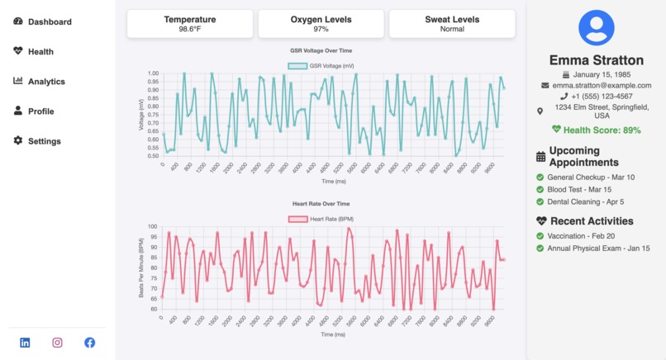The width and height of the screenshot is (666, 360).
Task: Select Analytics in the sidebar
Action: pos(46,82)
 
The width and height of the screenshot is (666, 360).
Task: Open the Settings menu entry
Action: pos(44,141)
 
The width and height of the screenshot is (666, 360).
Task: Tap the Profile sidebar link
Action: pos(40,111)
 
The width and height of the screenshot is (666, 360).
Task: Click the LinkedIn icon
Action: pos(25,343)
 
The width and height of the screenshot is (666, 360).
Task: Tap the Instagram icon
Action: pos(57,343)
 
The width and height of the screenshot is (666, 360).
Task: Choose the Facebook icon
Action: pos(89,343)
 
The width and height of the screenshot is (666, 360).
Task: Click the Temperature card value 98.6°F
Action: pos(189,29)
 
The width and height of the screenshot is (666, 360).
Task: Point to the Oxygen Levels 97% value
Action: pos(321,29)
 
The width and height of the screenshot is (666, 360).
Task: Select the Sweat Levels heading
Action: pos(452,19)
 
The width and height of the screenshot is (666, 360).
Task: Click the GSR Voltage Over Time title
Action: pos(321,51)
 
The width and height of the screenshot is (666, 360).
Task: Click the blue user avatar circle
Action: pos(596,27)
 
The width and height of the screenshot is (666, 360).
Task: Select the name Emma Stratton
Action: pos(596,60)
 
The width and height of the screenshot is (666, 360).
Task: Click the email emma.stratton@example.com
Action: pos(602,85)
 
